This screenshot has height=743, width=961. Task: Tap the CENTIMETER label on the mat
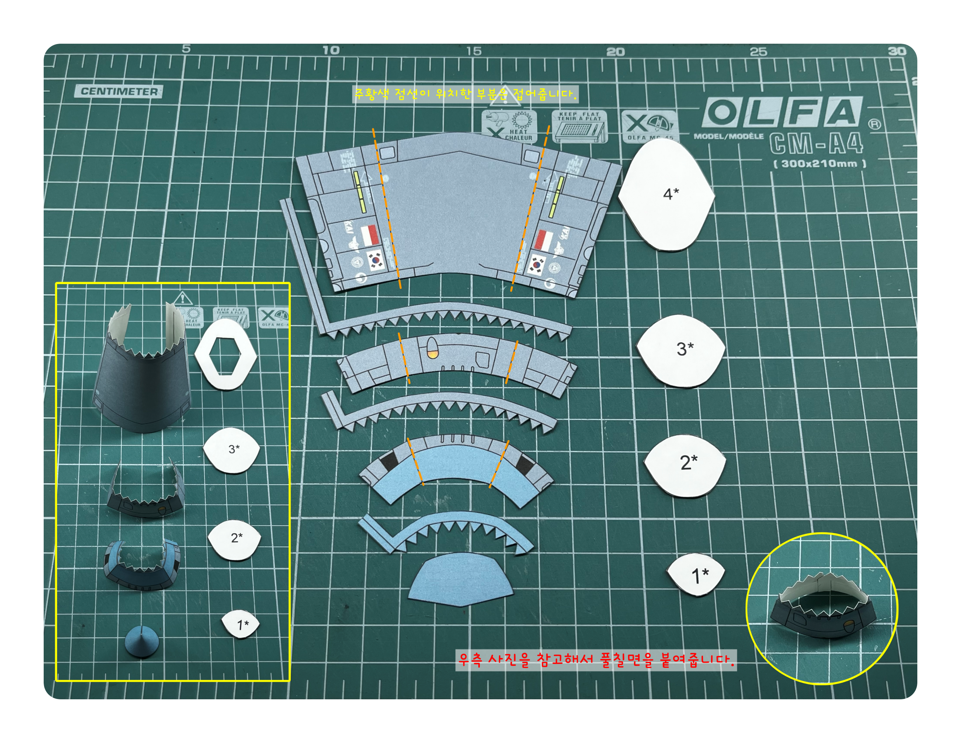click(x=119, y=91)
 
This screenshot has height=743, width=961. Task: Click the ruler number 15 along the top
click(x=474, y=52)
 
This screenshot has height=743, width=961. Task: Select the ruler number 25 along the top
click(x=758, y=52)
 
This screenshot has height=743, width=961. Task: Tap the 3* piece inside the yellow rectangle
click(x=232, y=450)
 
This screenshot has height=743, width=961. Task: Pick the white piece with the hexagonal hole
click(x=226, y=354)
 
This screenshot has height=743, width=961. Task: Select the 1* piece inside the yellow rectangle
click(x=241, y=624)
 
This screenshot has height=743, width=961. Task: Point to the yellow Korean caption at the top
click(x=465, y=94)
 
